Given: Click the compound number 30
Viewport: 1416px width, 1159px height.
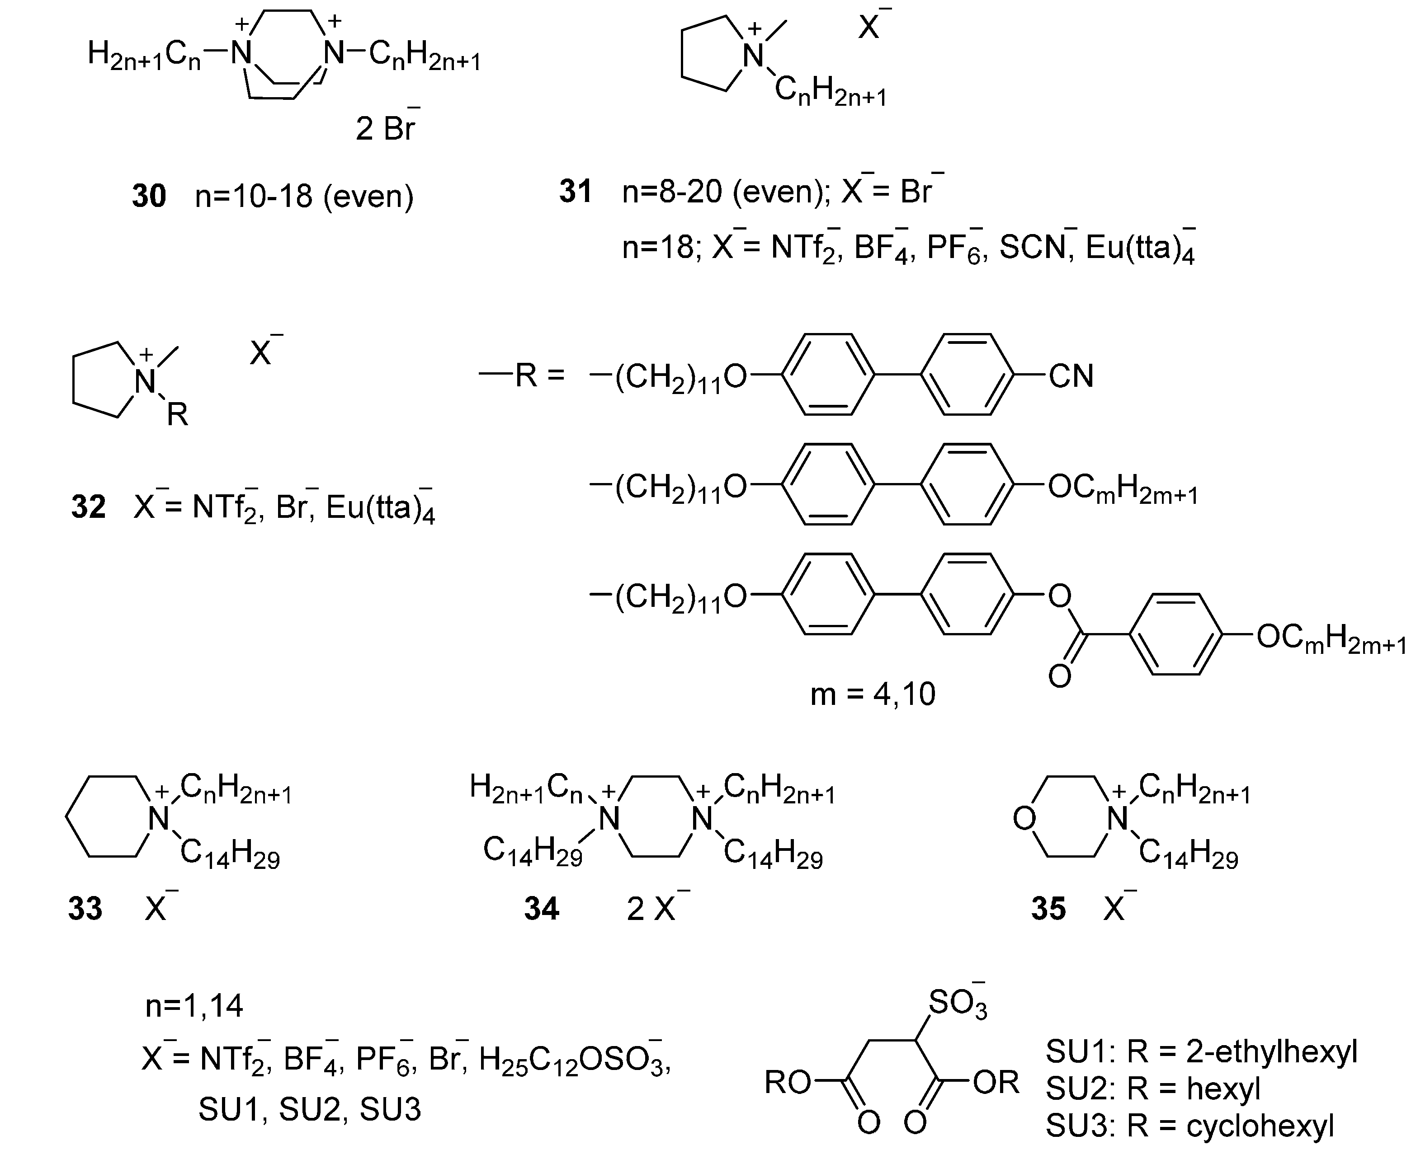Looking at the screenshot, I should tap(148, 196).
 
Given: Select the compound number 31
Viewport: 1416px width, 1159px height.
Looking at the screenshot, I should tap(576, 192).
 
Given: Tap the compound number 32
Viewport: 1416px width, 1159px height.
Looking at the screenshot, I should tap(88, 507).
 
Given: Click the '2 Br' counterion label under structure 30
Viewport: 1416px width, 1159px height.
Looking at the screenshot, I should tap(386, 127).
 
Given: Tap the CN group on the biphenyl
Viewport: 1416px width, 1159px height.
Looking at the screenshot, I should tap(1071, 376).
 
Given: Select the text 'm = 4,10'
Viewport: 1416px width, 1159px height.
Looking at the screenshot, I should tap(872, 694).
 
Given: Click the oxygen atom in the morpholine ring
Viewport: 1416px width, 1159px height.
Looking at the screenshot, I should tap(1024, 818).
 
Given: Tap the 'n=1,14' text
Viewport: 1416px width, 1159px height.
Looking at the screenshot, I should tap(194, 1005).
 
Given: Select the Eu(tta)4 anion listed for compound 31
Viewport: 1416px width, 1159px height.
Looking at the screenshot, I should tap(1139, 249).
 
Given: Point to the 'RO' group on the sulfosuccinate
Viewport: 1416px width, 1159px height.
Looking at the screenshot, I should tap(788, 1082).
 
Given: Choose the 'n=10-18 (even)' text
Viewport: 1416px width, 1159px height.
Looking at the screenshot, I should tap(304, 196).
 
